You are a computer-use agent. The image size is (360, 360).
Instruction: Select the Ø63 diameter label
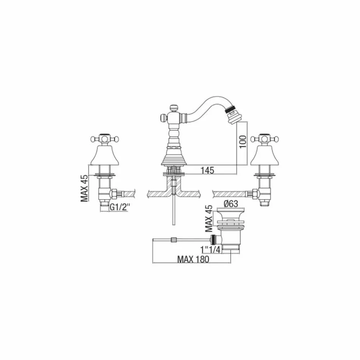(230, 204)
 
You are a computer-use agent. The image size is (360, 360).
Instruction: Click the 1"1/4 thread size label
(210, 249)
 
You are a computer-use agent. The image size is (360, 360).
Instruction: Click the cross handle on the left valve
(102, 138)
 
